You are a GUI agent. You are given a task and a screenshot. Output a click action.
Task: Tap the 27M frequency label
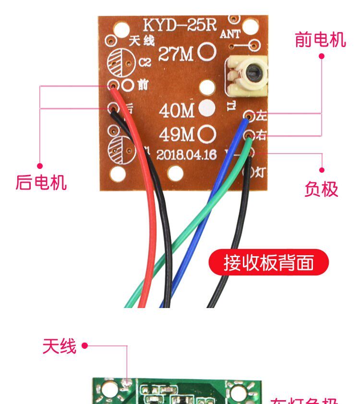pos(176,55)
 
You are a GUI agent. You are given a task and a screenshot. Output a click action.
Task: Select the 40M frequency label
pos(177,111)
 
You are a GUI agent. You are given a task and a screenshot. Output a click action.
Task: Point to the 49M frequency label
pos(177,135)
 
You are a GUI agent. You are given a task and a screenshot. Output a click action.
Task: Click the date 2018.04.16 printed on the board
pos(187,155)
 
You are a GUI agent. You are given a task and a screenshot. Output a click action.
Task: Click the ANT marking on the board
pos(231,34)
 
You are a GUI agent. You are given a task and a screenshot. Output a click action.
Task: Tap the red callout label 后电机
pos(41,182)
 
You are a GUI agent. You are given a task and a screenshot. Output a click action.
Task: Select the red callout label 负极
pos(321,189)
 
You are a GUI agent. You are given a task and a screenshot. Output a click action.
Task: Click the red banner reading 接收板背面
pos(269,262)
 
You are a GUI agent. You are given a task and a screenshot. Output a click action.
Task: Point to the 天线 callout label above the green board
pos(60,346)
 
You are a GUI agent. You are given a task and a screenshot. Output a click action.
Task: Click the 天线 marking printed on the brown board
pos(141,41)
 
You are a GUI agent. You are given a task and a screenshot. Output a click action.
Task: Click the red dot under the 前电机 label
pos(322,56)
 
